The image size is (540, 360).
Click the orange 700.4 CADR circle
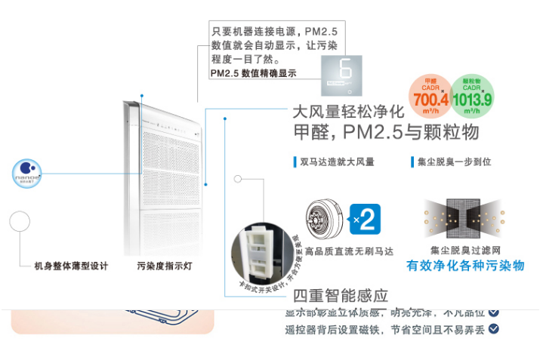tap(431, 96)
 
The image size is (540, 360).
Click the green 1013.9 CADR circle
tap(472, 96)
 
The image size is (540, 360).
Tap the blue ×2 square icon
tap(366, 220)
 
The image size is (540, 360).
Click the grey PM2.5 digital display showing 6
tap(341, 75)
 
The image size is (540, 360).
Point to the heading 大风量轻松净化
tap(348, 112)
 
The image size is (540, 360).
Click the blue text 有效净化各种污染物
tap(465, 266)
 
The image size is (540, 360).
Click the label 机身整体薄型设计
tap(71, 266)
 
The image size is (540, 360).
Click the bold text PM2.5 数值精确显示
tap(253, 73)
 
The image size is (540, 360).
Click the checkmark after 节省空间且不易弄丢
tap(494, 328)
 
